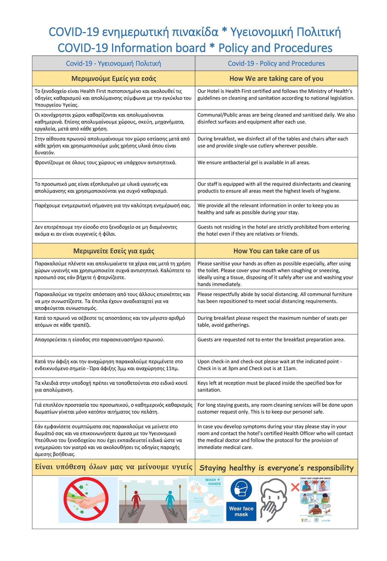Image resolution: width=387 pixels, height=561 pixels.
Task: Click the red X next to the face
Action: pos(295,488)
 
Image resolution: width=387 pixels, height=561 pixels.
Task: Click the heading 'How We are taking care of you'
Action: pos(276,79)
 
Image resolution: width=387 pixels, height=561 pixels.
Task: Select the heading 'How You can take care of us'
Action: pos(276,251)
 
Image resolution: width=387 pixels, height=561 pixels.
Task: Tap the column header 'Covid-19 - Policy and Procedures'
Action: pos(276,64)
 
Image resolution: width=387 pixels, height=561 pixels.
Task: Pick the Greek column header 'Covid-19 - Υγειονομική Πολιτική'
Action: pos(113,64)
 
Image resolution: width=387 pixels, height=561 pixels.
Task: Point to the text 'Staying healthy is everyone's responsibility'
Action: pos(276,468)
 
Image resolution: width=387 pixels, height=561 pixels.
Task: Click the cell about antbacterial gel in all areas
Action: pos(254,163)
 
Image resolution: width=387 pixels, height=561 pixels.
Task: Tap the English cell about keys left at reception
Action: pos(270,387)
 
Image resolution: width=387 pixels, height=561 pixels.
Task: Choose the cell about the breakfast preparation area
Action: pos(271,340)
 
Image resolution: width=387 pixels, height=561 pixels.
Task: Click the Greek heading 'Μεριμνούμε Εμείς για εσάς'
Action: pos(114,79)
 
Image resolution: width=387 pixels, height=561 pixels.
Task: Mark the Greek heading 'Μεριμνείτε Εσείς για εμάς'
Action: pos(114,251)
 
